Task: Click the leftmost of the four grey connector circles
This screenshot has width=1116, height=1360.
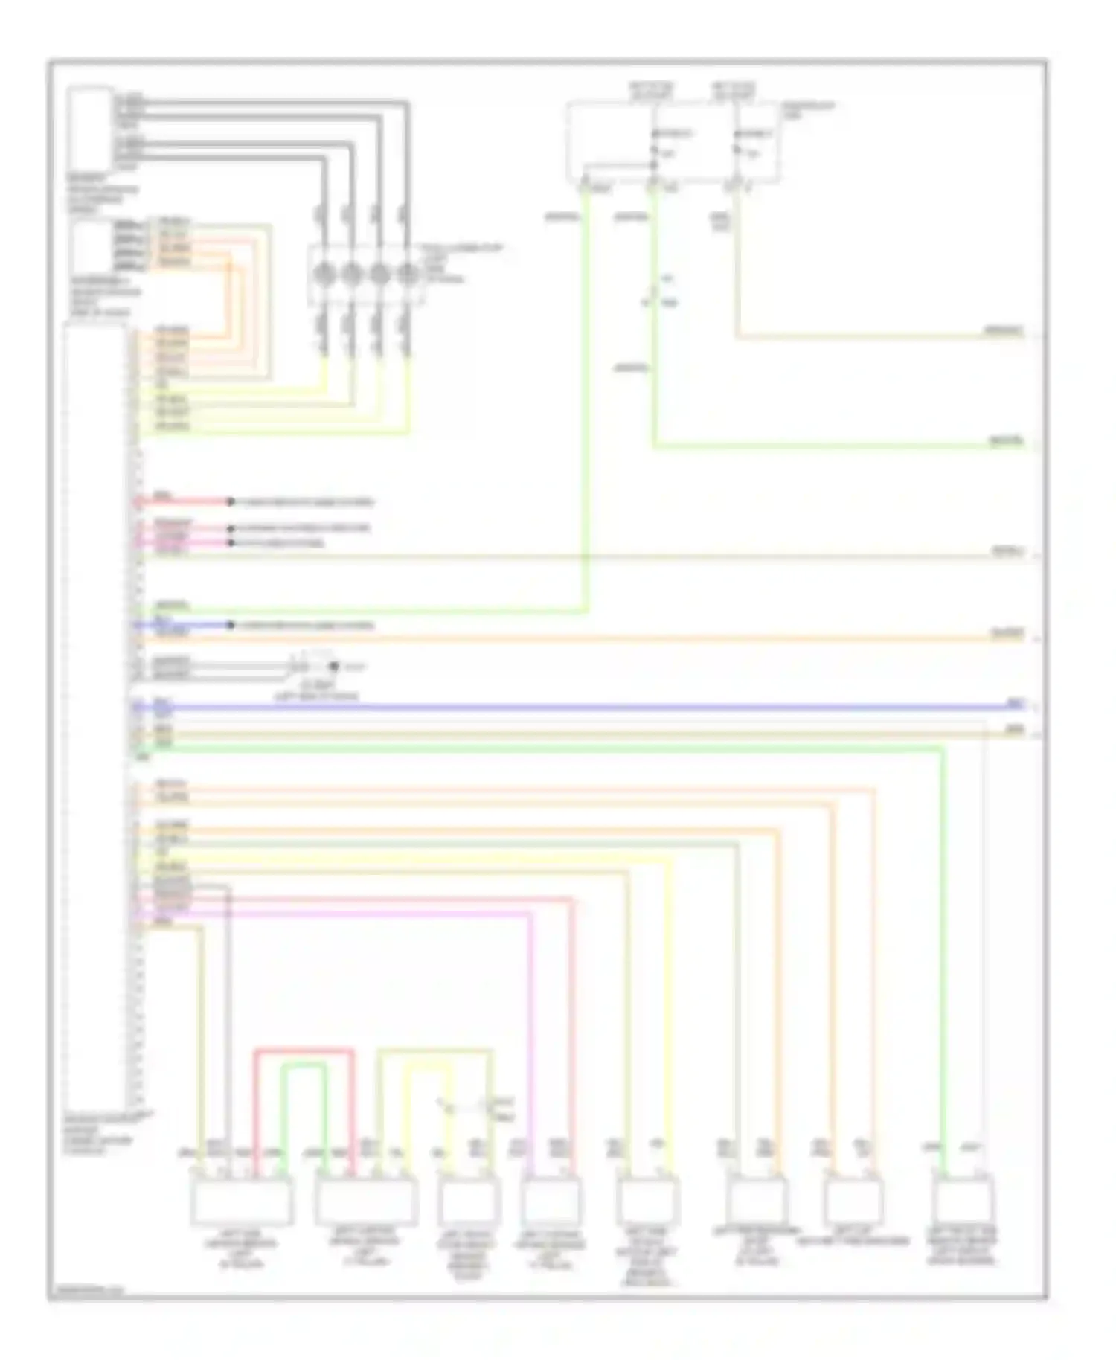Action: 323,275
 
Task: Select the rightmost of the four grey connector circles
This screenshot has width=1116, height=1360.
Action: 407,275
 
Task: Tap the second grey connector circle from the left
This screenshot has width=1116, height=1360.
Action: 351,275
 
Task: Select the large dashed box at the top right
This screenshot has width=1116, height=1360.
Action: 673,142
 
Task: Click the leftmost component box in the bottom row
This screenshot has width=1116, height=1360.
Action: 242,1200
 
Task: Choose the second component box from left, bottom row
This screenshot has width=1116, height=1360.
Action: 365,1200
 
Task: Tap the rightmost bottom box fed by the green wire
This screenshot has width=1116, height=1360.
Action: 962,1200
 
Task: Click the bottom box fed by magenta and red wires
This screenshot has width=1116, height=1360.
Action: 551,1200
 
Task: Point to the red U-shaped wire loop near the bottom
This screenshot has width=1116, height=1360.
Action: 304,1051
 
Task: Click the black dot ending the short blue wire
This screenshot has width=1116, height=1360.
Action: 231,625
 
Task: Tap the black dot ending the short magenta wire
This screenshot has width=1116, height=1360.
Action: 231,543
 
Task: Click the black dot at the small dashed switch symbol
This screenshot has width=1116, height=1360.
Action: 334,667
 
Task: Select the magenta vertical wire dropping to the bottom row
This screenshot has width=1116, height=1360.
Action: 531,1042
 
